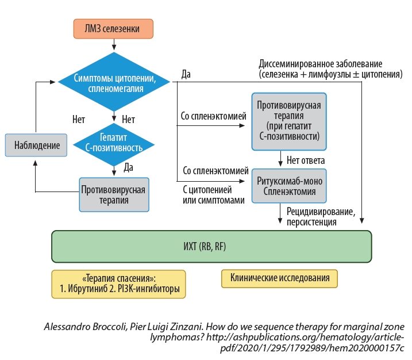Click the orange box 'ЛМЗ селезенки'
(114, 28)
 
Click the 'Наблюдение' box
(36, 145)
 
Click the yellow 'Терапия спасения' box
(120, 282)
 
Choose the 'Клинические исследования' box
(280, 278)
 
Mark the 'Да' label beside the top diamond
(186, 74)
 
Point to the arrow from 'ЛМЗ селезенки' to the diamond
(114, 44)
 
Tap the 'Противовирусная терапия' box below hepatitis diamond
(113, 194)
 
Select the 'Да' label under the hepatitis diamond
(129, 167)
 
